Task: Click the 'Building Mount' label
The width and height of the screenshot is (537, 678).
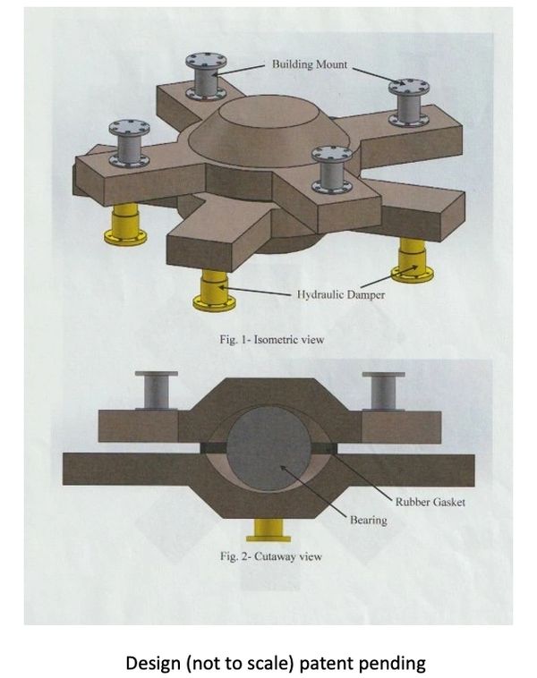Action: (310, 64)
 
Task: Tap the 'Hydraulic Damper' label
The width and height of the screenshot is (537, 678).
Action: (341, 295)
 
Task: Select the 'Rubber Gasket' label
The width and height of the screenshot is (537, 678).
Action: (430, 502)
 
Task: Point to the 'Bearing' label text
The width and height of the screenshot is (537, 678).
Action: (368, 520)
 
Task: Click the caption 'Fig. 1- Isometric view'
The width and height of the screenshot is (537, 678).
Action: (272, 339)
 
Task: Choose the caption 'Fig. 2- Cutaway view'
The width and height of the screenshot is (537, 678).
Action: (271, 556)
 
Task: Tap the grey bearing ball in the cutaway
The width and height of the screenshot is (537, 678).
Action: (269, 449)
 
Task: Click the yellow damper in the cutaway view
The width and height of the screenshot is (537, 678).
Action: (268, 530)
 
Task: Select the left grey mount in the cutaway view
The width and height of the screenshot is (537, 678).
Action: (157, 391)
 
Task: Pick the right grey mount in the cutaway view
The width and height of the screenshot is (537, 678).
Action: (383, 391)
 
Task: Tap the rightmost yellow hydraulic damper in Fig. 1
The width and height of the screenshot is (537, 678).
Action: (413, 260)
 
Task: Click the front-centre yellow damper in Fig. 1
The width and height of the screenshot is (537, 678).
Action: (214, 291)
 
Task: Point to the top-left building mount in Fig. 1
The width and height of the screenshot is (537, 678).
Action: (206, 77)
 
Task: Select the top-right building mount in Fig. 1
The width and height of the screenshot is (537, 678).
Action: (409, 103)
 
